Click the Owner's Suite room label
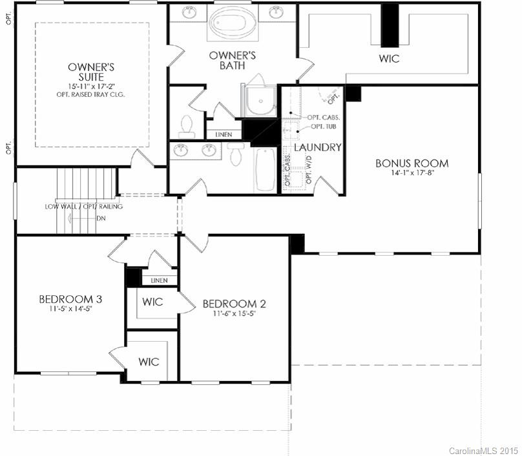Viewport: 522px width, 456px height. pyautogui.click(x=92, y=72)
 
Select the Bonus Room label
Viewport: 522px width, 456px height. pyautogui.click(x=412, y=163)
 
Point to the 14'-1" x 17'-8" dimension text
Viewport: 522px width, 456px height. pyautogui.click(x=412, y=174)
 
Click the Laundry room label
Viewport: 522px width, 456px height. pyautogui.click(x=317, y=147)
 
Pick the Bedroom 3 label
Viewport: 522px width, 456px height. pyautogui.click(x=70, y=299)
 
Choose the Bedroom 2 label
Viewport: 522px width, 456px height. pyautogui.click(x=234, y=304)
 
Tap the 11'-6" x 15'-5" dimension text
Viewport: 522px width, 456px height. pyautogui.click(x=234, y=315)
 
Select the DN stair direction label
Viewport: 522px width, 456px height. pyautogui.click(x=101, y=218)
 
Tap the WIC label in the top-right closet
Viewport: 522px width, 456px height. pyautogui.click(x=389, y=59)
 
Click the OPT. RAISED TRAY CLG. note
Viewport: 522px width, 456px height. pyautogui.click(x=90, y=94)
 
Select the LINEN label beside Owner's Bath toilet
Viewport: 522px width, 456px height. pyautogui.click(x=224, y=134)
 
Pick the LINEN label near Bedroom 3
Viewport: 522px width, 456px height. pyautogui.click(x=159, y=280)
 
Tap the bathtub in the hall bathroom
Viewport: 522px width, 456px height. pyautogui.click(x=265, y=169)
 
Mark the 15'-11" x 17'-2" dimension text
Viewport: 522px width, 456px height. pyautogui.click(x=91, y=85)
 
